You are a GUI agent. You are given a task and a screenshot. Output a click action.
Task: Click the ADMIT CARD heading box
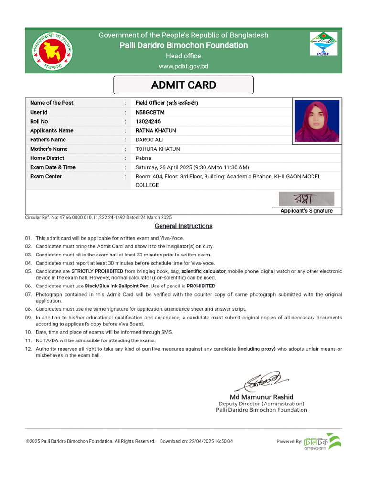click(x=183, y=85)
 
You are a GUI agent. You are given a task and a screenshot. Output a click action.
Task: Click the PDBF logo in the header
click(x=324, y=44)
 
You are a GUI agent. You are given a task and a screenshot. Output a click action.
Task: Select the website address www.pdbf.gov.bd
click(x=183, y=66)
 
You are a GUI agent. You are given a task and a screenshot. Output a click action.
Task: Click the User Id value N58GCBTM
click(x=150, y=112)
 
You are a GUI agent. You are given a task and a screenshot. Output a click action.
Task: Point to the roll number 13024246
click(x=148, y=121)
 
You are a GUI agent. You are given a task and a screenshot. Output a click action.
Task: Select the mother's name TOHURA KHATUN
click(x=158, y=149)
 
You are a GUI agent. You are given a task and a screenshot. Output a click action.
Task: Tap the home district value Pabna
click(x=143, y=158)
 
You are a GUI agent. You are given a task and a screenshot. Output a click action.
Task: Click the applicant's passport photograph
click(x=317, y=121)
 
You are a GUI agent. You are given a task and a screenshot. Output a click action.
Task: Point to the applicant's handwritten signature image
click(x=306, y=199)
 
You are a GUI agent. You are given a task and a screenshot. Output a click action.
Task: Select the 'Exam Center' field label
click(x=46, y=176)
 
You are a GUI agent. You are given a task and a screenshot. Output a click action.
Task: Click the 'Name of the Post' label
click(x=52, y=103)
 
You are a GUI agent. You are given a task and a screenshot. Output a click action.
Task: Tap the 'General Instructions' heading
click(x=183, y=226)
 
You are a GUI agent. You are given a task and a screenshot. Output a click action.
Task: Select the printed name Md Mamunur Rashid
click(x=261, y=397)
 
